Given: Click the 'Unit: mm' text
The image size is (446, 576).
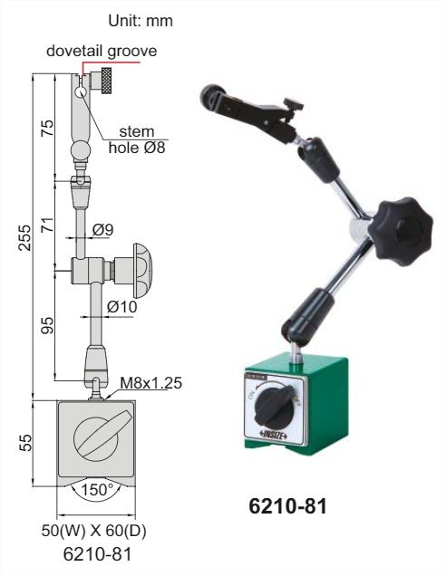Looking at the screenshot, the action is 141,21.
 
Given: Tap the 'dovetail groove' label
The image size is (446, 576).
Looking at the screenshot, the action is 102,51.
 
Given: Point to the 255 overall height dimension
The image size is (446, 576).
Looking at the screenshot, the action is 25,237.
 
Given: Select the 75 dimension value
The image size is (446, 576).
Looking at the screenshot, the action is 47,128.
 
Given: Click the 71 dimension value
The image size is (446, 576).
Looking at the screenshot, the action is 47,225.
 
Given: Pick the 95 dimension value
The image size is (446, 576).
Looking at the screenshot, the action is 47,325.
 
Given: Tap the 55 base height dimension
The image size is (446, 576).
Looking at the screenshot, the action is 25,442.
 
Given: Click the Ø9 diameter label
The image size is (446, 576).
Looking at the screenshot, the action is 102,230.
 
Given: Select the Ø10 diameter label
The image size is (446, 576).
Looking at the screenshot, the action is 122,306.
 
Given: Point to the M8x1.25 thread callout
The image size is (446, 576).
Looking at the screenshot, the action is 151,383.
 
